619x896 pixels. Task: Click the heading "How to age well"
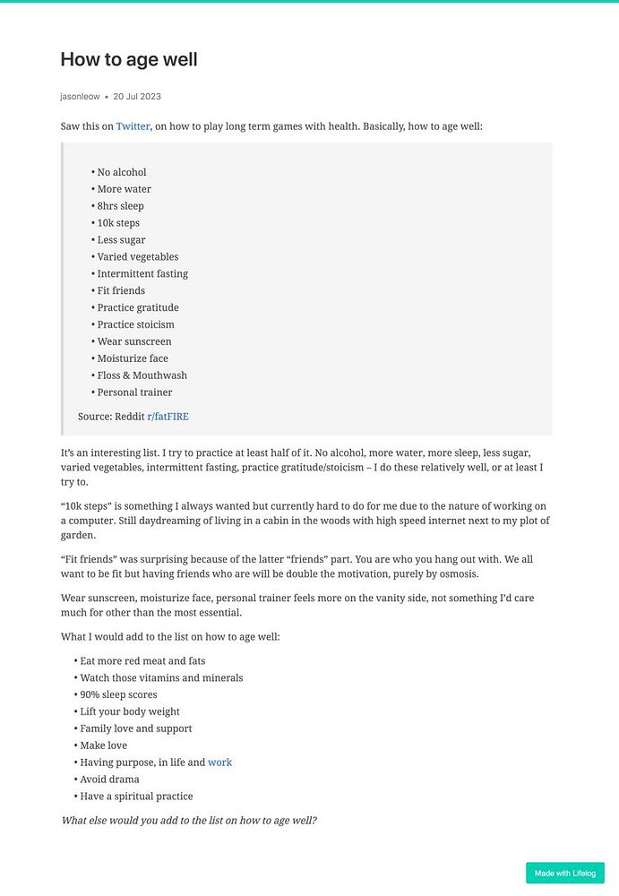pyautogui.click(x=129, y=59)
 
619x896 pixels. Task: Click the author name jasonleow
pyautogui.click(x=80, y=96)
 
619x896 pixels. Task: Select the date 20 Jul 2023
pyautogui.click(x=137, y=96)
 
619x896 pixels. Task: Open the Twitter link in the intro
pyautogui.click(x=133, y=126)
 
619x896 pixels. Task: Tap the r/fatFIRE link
pyautogui.click(x=168, y=417)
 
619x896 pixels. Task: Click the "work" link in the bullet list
pyautogui.click(x=219, y=762)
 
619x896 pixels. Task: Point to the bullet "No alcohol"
pyautogui.click(x=121, y=172)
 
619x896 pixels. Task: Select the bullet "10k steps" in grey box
pyautogui.click(x=118, y=223)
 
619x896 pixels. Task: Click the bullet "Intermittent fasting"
pyautogui.click(x=142, y=273)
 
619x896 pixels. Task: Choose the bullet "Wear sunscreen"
pyautogui.click(x=133, y=341)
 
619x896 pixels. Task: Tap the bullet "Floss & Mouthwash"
pyautogui.click(x=142, y=375)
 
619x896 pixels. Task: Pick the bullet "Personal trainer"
pyautogui.click(x=134, y=392)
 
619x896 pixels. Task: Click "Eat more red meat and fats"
pyautogui.click(x=142, y=661)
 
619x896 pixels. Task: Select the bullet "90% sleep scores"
pyautogui.click(x=118, y=694)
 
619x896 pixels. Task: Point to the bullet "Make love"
pyautogui.click(x=103, y=745)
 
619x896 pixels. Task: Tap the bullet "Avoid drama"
pyautogui.click(x=109, y=780)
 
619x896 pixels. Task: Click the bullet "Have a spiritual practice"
pyautogui.click(x=136, y=797)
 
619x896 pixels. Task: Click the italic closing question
pyautogui.click(x=189, y=820)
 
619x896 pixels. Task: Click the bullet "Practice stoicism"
pyautogui.click(x=135, y=324)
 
